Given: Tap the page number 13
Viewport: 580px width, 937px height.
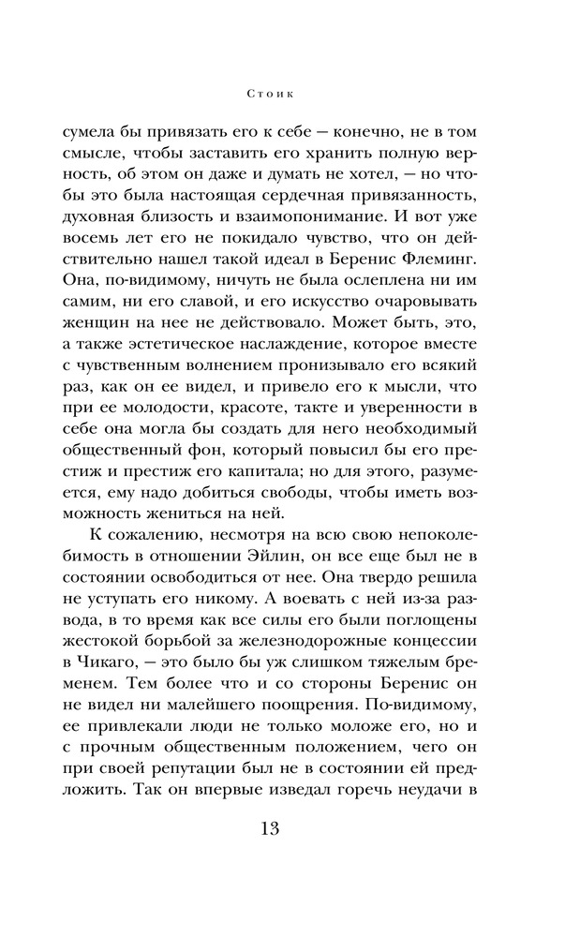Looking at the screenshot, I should (x=290, y=830).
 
